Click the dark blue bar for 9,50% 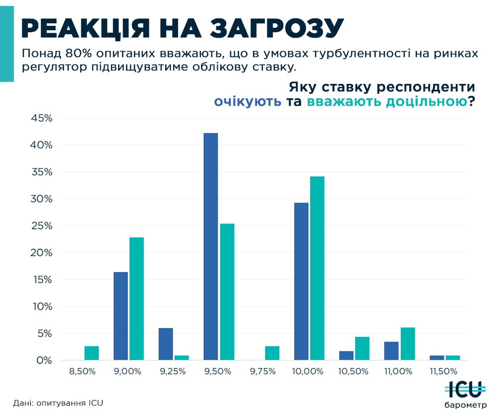[211, 247]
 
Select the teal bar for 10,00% [317, 268]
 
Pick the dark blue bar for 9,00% [121, 316]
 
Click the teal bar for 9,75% [272, 353]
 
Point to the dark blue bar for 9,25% [166, 344]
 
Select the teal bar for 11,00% [408, 344]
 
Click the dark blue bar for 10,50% [346, 355]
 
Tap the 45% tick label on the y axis [41, 118]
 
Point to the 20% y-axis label [41, 253]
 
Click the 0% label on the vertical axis [45, 360]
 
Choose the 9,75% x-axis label [263, 371]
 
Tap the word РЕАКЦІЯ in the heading [86, 29]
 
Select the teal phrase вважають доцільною [387, 102]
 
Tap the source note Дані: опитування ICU [58, 403]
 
